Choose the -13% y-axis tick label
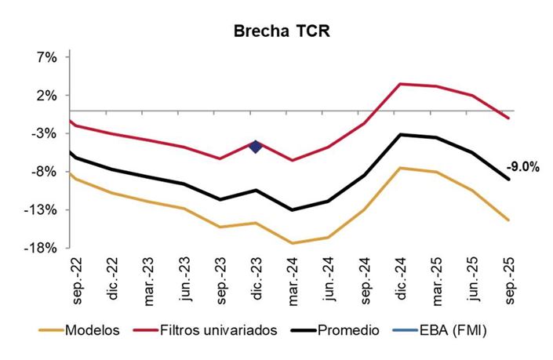(44, 210)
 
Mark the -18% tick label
(44, 249)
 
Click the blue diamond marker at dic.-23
(255, 146)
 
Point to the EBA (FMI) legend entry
(451, 330)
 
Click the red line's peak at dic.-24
(401, 84)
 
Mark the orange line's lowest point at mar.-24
(292, 243)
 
